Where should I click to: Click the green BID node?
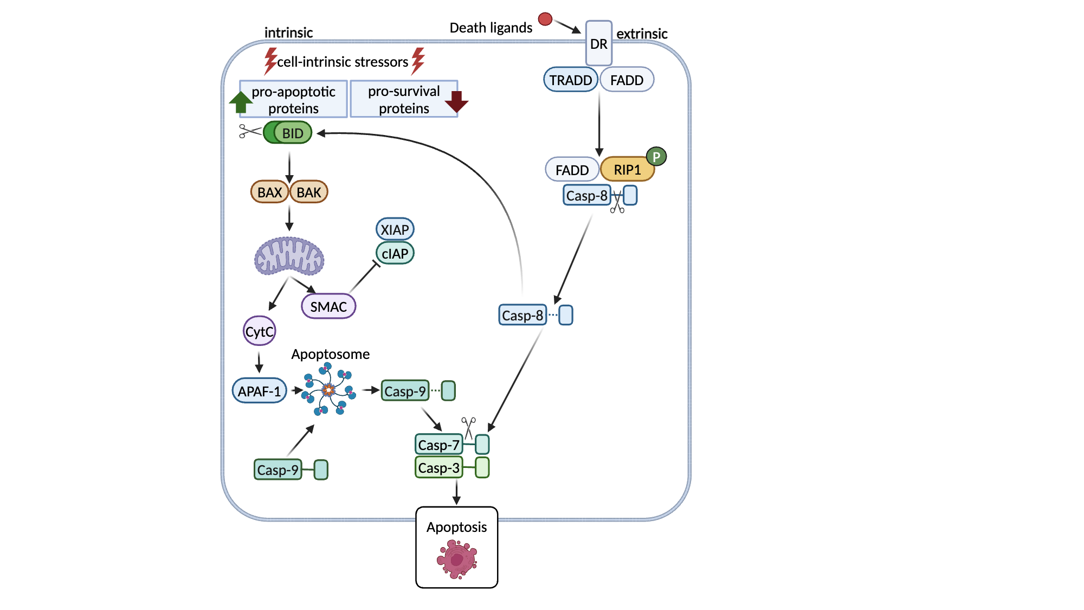pyautogui.click(x=288, y=133)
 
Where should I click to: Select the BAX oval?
pyautogui.click(x=269, y=192)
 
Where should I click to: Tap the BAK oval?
pyautogui.click(x=309, y=192)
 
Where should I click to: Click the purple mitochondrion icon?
pyautogui.click(x=289, y=255)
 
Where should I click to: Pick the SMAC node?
pyautogui.click(x=328, y=307)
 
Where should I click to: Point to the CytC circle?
pyautogui.click(x=259, y=331)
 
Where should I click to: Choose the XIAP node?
pyautogui.click(x=395, y=229)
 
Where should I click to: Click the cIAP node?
pyautogui.click(x=395, y=254)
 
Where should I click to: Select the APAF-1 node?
pyautogui.click(x=260, y=391)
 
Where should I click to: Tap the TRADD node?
pyautogui.click(x=571, y=80)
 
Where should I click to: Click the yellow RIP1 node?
pyautogui.click(x=627, y=170)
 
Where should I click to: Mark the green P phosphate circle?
pyautogui.click(x=656, y=157)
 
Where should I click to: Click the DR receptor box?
pyautogui.click(x=599, y=43)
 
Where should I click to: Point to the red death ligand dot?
pyautogui.click(x=545, y=20)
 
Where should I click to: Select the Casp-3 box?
pyautogui.click(x=439, y=467)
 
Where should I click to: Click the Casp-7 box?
pyautogui.click(x=439, y=445)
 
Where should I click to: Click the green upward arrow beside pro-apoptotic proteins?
pyautogui.click(x=240, y=102)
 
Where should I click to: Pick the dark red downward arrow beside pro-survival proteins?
pyautogui.click(x=456, y=101)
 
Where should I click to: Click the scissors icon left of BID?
pyautogui.click(x=249, y=131)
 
